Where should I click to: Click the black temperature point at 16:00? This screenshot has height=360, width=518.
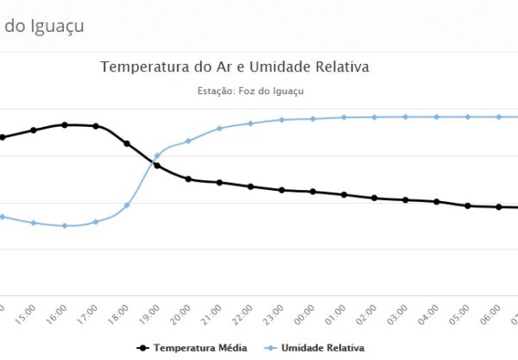pyautogui.click(x=65, y=124)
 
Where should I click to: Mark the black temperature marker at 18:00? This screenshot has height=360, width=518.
pyautogui.click(x=127, y=143)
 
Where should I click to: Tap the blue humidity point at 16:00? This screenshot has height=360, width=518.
pyautogui.click(x=65, y=226)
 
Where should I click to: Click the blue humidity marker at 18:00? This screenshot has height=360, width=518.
pyautogui.click(x=127, y=205)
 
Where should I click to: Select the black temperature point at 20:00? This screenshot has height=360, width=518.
pyautogui.click(x=188, y=180)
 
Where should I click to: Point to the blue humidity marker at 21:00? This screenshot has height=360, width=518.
pyautogui.click(x=219, y=129)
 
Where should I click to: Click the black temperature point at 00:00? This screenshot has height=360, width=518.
pyautogui.click(x=313, y=192)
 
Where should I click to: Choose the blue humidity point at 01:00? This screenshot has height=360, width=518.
pyautogui.click(x=344, y=117)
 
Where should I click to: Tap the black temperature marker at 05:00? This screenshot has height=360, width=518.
pyautogui.click(x=467, y=205)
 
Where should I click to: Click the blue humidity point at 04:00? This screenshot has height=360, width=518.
pyautogui.click(x=437, y=117)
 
